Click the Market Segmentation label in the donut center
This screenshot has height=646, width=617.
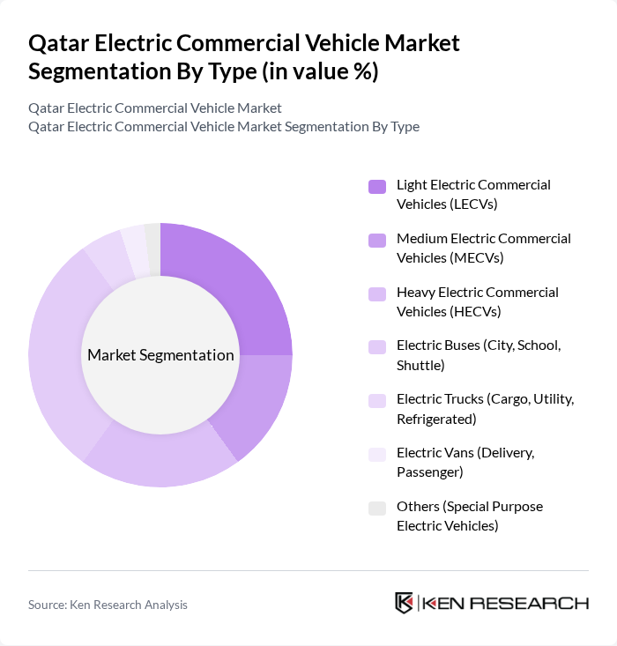pyautogui.click(x=160, y=355)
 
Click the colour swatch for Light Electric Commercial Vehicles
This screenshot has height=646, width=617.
pyautogui.click(x=377, y=186)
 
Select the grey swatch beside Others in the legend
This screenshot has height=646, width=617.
pyautogui.click(x=377, y=508)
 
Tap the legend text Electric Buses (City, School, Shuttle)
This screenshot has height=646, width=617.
pyautogui.click(x=478, y=354)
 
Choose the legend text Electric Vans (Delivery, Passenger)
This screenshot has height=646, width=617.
pyautogui.click(x=465, y=462)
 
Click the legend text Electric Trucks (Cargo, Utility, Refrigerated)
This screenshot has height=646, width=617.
pyautogui.click(x=485, y=408)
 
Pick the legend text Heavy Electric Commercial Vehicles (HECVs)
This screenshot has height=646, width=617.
pyautogui.click(x=477, y=301)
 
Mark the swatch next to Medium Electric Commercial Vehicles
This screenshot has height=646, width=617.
pyautogui.click(x=377, y=240)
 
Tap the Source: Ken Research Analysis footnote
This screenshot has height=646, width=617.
pyautogui.click(x=108, y=605)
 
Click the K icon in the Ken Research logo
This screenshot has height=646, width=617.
pyautogui.click(x=404, y=603)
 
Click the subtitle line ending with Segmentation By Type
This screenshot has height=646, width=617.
pyautogui.click(x=223, y=126)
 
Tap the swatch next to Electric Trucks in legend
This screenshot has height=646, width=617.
pyautogui.click(x=377, y=400)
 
